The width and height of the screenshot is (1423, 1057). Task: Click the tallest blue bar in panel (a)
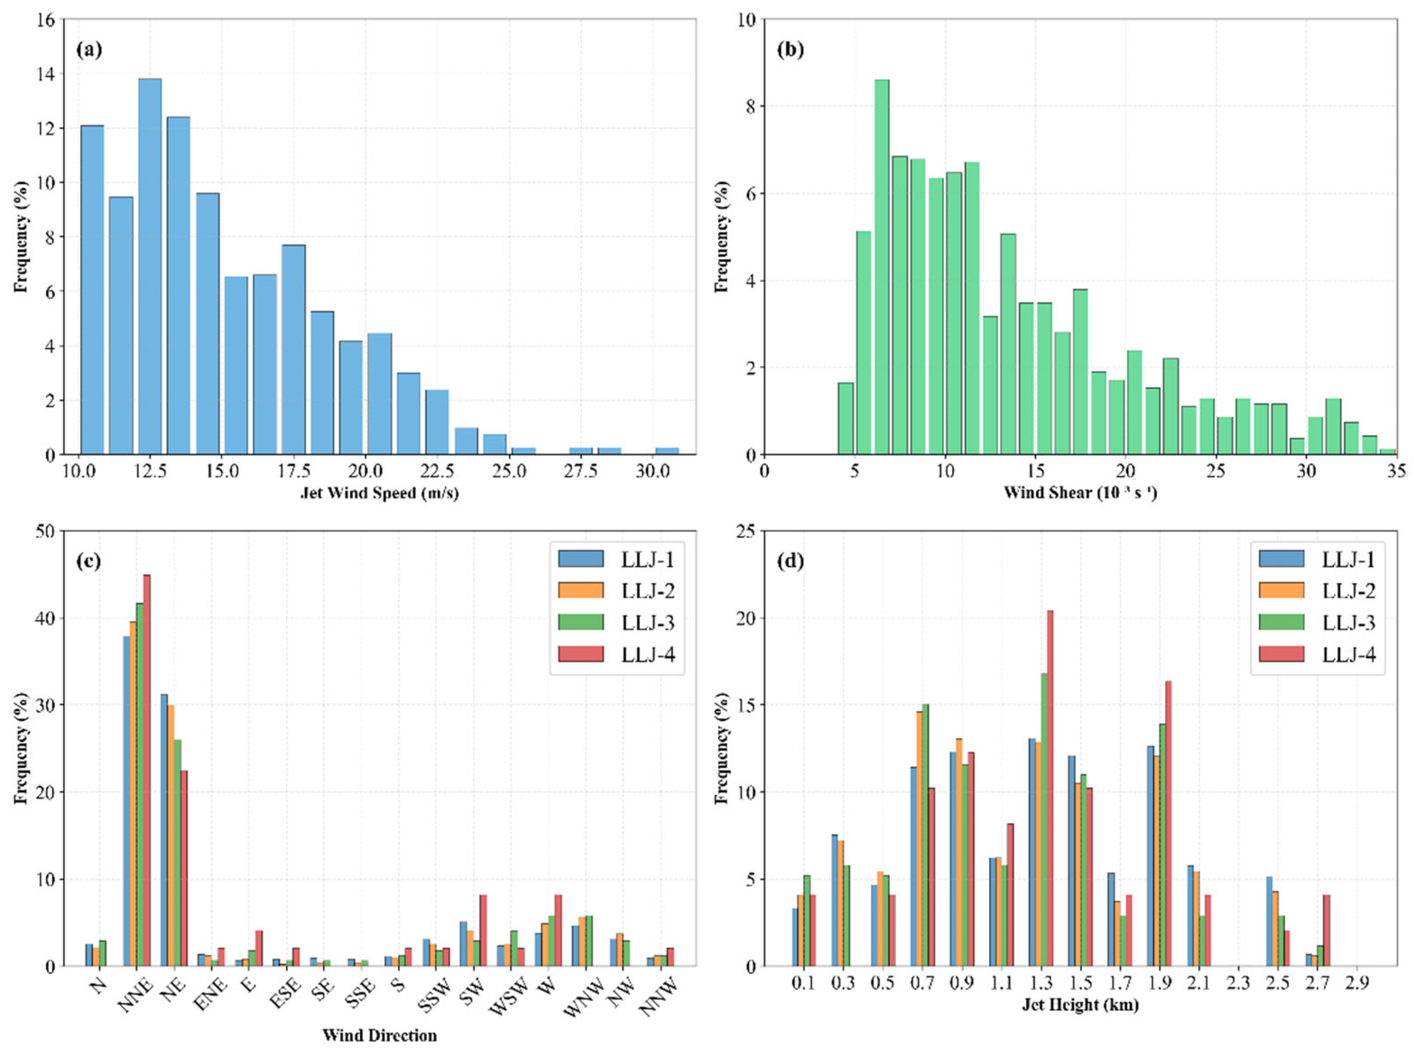150,266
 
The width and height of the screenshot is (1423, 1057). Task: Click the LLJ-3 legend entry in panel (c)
617,622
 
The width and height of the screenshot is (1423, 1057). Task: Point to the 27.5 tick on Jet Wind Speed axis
581,471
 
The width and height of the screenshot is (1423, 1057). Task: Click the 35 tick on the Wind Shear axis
1397,471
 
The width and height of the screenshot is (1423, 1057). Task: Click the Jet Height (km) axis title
1080,1005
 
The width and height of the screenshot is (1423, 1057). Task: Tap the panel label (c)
89,561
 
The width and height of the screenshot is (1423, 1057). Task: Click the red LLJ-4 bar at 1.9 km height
1168,823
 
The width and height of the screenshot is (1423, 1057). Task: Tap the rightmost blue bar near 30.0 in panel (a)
667,451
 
